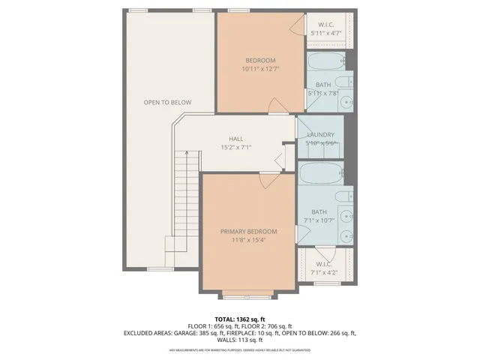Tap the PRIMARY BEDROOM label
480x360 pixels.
point(248,231)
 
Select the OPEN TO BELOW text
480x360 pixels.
point(168,102)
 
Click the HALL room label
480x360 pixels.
point(235,139)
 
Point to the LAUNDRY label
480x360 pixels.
point(320,135)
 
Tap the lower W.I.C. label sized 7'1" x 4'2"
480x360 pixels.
point(324,264)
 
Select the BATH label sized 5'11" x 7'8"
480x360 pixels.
point(323,85)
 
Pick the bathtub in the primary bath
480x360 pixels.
point(321,174)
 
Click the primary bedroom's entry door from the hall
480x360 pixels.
point(268,178)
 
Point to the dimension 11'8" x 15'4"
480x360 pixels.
point(248,240)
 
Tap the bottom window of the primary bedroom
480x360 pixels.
point(248,292)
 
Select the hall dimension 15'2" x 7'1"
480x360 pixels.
point(235,148)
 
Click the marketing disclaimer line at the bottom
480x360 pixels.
point(240,349)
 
